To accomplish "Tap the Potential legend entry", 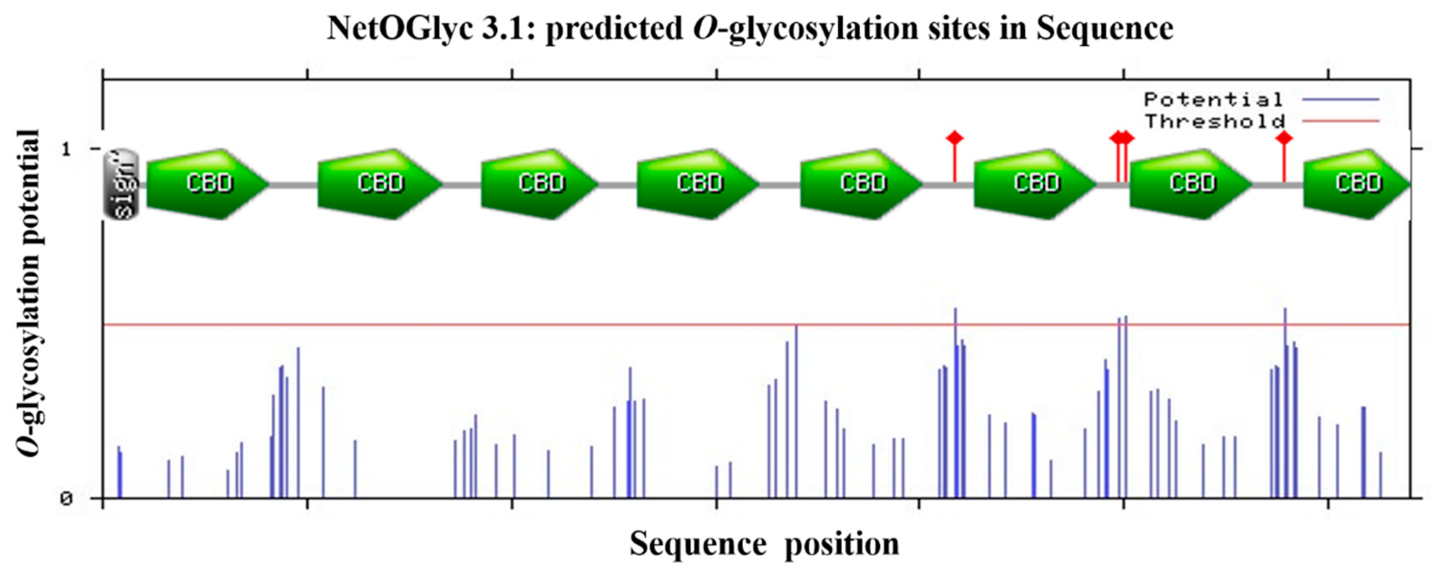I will click(x=1213, y=100).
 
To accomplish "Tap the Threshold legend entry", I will click(x=1215, y=121).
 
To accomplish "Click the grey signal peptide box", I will click(x=122, y=184).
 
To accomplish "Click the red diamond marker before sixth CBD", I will click(x=954, y=138).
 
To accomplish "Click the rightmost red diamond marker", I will click(x=1284, y=138).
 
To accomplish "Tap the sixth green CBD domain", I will click(x=1035, y=184).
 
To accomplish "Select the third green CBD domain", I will click(x=540, y=184).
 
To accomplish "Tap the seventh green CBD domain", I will click(x=1191, y=184).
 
